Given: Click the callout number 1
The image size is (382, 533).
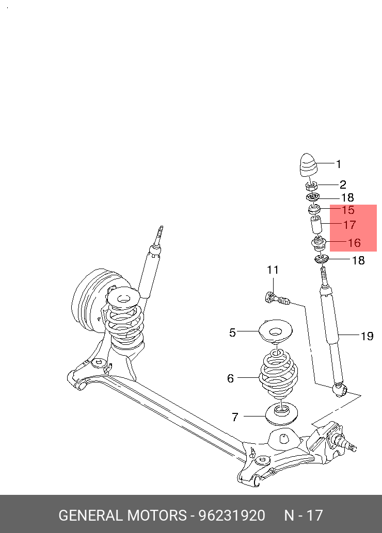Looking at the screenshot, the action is [339, 164].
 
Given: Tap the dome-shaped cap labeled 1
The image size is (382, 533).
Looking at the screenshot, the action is [308, 165].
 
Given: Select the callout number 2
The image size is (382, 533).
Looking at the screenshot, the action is [343, 185].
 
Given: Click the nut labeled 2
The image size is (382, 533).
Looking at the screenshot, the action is [311, 186].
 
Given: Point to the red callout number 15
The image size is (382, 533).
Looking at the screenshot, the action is [348, 210].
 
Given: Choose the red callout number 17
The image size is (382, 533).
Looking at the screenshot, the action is [349, 225].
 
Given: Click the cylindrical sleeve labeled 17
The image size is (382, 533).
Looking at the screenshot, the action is [316, 225].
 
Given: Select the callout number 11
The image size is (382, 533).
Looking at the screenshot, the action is [273, 270].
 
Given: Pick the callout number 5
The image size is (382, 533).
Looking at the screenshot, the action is [232, 333].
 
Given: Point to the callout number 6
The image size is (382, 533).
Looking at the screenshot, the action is [230, 379].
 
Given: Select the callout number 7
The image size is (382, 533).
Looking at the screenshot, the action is [234, 417].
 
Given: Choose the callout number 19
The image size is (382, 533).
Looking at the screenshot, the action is [367, 337].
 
